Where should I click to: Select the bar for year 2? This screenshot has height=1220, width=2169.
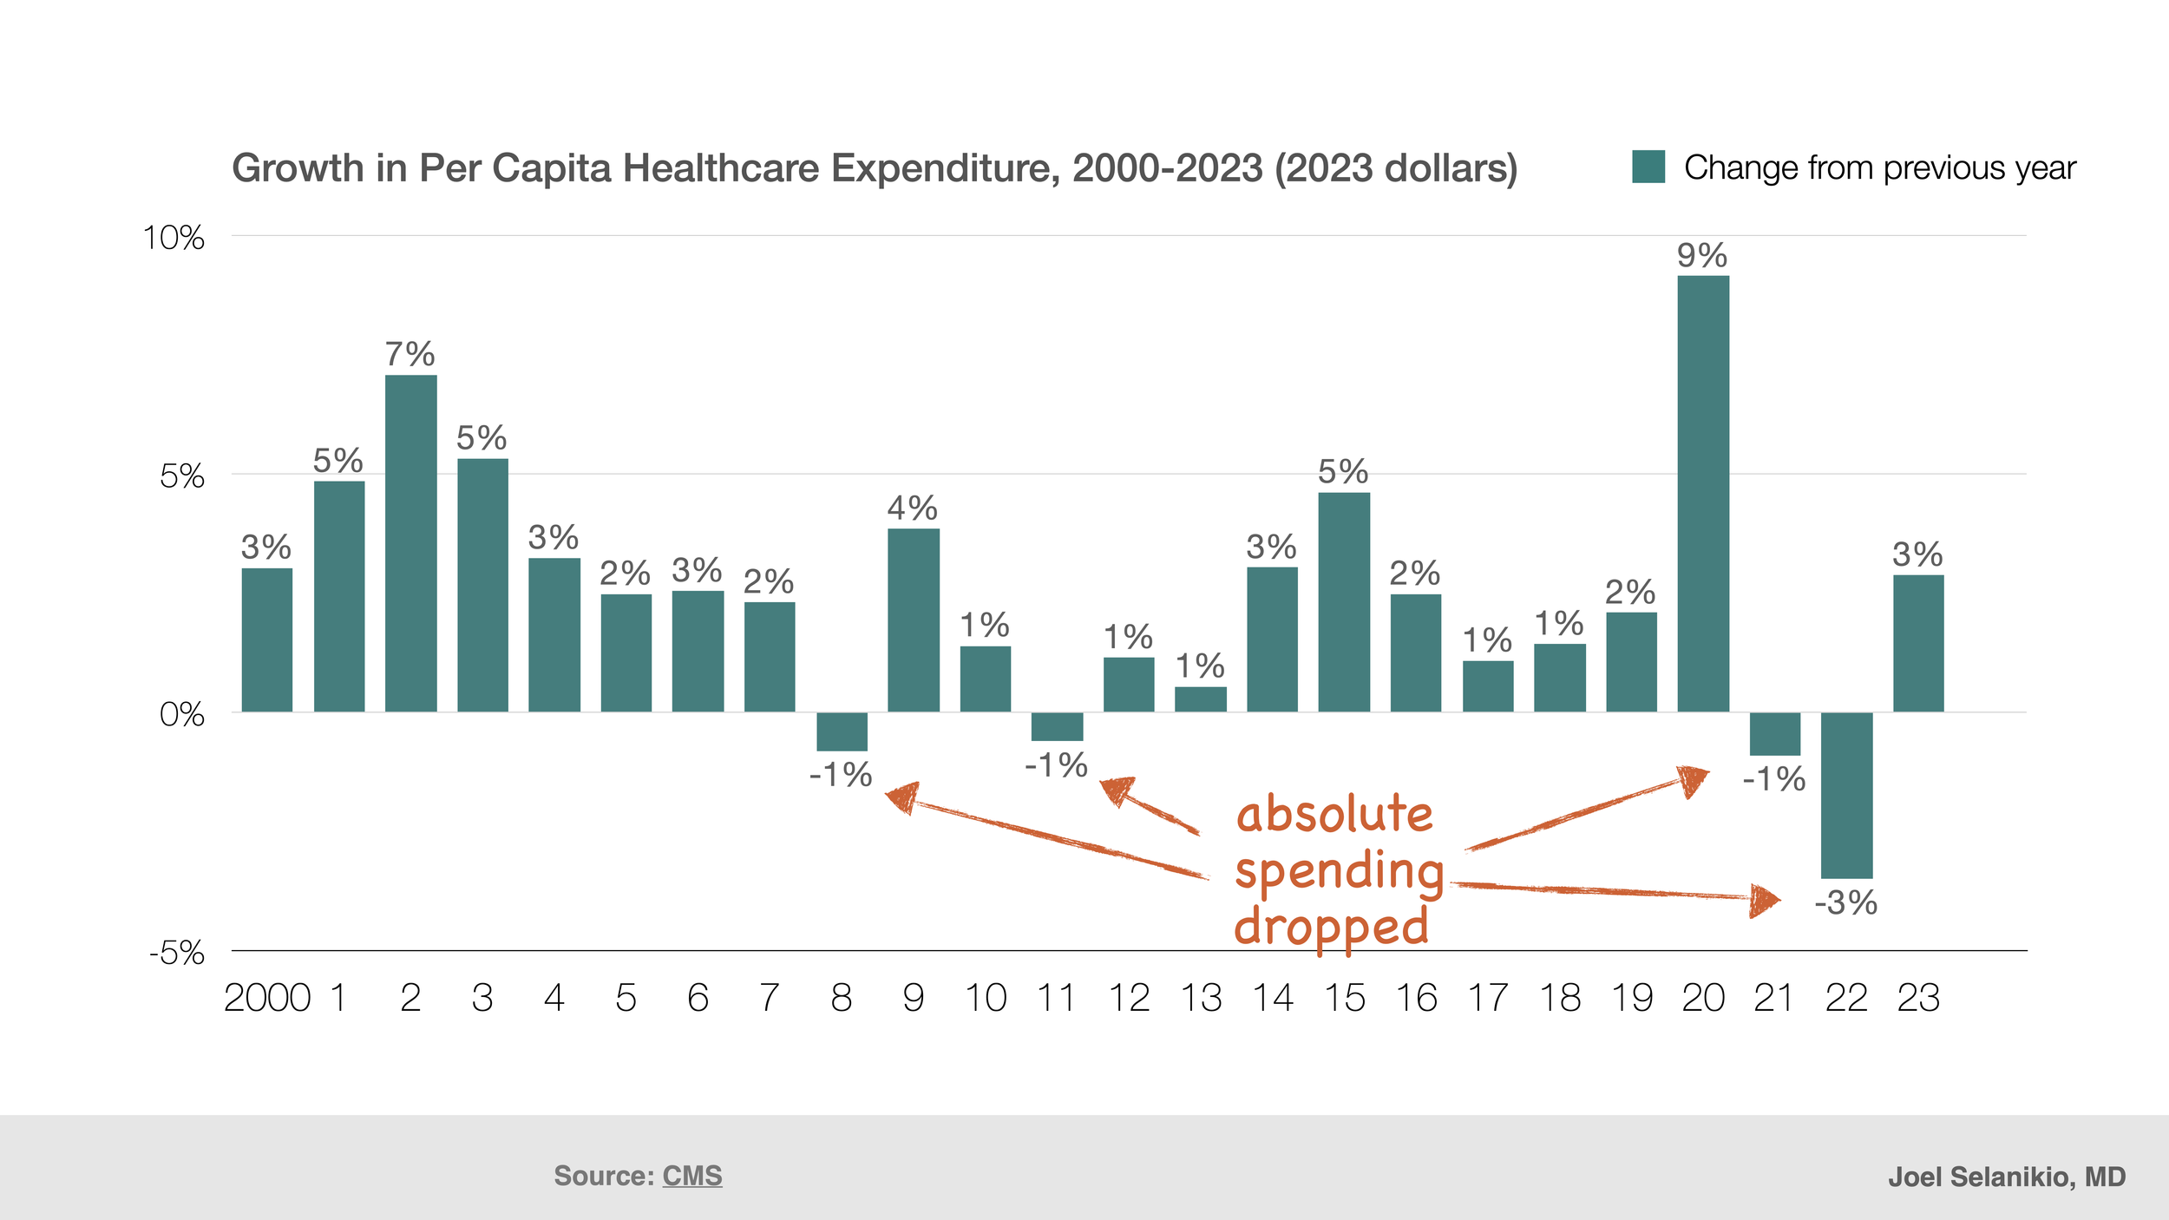[x=410, y=543]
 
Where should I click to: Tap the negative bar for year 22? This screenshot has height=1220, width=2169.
[x=1845, y=795]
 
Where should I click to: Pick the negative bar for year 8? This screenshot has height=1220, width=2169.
[x=842, y=731]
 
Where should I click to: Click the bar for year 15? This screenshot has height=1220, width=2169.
[x=1344, y=602]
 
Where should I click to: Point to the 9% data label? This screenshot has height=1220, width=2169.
[x=1701, y=256]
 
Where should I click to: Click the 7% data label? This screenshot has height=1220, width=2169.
[x=410, y=354]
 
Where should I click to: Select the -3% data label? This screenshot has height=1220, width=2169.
[x=1845, y=903]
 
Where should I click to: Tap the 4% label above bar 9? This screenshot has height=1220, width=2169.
[x=912, y=508]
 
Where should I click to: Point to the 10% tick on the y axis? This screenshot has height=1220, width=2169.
[x=174, y=238]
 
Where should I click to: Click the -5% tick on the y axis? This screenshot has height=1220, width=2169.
[x=177, y=954]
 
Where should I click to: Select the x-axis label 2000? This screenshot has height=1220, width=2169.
[x=267, y=998]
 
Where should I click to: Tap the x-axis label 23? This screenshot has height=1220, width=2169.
[x=1917, y=998]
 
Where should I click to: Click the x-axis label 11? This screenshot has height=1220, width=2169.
[x=1056, y=998]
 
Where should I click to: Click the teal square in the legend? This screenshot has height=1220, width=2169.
[x=1648, y=167]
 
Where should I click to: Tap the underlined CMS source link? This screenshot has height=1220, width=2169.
[x=691, y=1176]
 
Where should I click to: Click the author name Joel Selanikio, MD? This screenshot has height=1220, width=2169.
[x=2007, y=1177]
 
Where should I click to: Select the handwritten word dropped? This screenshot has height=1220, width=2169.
[x=1331, y=927]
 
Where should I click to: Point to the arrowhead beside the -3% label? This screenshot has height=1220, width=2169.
[x=1764, y=901]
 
